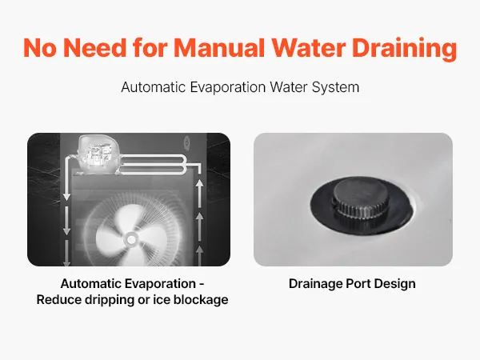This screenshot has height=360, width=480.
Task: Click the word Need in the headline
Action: [x=94, y=48]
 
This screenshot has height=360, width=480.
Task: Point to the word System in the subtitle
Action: [x=335, y=87]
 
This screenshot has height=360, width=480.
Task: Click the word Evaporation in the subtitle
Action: [x=228, y=87]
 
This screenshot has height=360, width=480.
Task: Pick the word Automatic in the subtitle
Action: [x=154, y=87]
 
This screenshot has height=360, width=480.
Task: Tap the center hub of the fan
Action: [x=131, y=240]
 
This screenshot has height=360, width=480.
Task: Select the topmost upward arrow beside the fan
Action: [x=199, y=192]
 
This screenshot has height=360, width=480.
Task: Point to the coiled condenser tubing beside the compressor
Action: [x=153, y=165]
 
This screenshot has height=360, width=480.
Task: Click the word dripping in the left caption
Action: [x=110, y=300]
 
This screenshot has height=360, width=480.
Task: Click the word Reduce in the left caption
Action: [x=59, y=300]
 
